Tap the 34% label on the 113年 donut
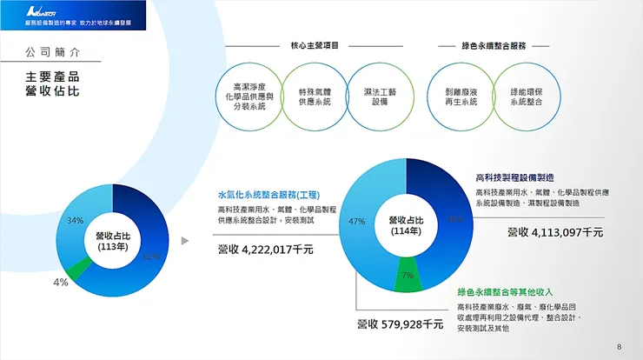click(76, 220)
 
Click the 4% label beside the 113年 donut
click(60, 282)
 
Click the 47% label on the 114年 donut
click(356, 222)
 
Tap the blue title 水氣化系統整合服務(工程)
click(268, 195)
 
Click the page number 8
click(619, 347)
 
